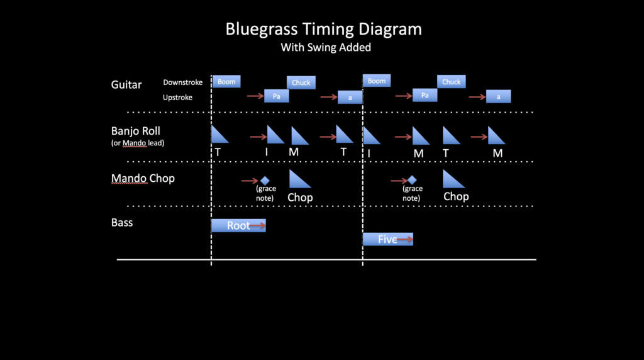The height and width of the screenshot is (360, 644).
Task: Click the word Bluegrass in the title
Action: [262, 30]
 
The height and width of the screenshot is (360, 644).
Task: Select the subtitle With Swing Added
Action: [326, 47]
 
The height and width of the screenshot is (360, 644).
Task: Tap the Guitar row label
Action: [126, 85]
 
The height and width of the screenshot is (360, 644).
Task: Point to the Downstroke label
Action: [183, 82]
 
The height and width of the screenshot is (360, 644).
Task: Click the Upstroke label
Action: [177, 98]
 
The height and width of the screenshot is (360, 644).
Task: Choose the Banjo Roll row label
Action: [136, 131]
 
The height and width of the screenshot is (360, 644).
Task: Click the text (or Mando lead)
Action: [138, 143]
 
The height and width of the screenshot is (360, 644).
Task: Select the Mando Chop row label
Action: [143, 178]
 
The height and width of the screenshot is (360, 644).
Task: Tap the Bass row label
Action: [122, 222]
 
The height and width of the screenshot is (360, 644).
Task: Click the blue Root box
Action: [238, 225]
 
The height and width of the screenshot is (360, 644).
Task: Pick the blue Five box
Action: [387, 239]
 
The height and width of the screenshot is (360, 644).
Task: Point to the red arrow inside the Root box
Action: [257, 225]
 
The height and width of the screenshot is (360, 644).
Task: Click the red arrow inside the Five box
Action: [404, 239]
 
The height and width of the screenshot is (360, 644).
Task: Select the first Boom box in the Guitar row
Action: [226, 82]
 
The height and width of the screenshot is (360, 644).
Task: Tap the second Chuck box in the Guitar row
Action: [452, 82]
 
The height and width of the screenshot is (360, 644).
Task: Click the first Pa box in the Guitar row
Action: [277, 96]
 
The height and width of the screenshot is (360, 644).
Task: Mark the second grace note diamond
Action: [412, 180]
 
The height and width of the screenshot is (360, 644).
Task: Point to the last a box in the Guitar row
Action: [499, 96]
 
